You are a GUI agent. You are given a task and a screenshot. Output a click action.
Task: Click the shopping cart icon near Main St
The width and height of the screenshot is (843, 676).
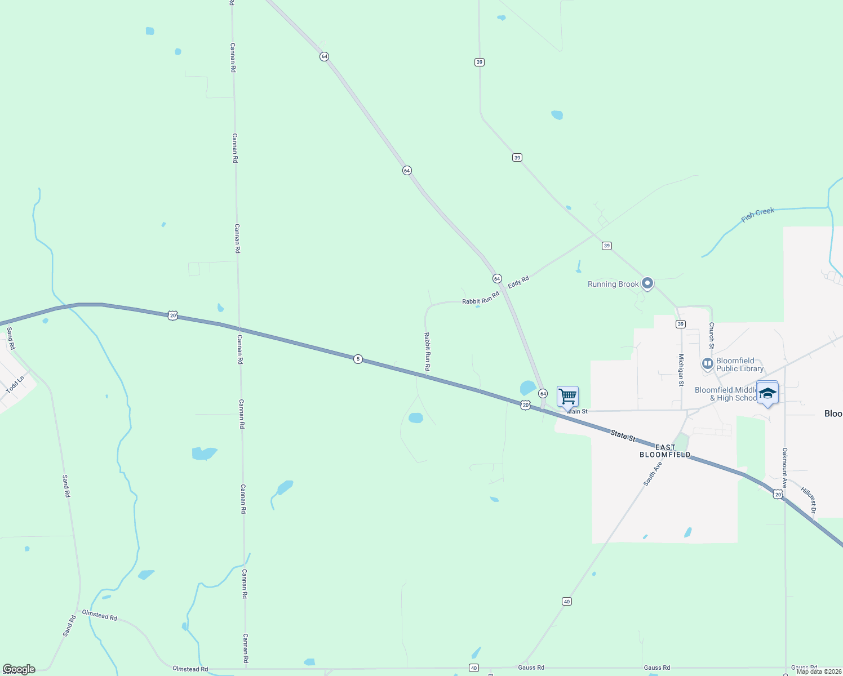[x=567, y=396]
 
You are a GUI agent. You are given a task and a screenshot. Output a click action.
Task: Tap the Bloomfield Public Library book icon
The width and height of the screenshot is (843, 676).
[x=708, y=364]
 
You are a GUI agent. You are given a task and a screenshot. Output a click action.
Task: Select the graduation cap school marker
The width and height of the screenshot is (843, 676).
[x=767, y=393]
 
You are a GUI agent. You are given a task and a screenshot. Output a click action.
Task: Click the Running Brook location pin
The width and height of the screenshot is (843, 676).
[x=647, y=283]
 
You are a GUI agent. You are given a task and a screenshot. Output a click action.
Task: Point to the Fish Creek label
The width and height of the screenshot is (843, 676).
[x=757, y=215]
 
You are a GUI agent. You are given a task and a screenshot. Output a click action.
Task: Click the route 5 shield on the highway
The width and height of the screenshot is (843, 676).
[x=358, y=359]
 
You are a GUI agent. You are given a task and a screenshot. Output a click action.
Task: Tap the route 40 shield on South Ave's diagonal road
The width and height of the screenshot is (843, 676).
[x=567, y=602]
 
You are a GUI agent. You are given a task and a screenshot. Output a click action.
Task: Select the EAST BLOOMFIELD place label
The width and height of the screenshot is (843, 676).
[x=665, y=451]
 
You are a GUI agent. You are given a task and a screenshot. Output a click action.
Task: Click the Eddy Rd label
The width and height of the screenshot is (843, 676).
[x=518, y=282]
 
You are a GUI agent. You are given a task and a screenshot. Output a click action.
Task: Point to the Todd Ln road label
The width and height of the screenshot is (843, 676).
[x=15, y=385]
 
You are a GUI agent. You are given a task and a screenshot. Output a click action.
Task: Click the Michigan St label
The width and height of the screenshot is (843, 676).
[x=681, y=370]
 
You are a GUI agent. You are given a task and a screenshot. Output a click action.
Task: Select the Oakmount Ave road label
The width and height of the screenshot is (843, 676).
[x=784, y=468]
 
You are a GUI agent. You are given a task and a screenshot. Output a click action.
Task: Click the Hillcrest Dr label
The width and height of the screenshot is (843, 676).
[x=809, y=499]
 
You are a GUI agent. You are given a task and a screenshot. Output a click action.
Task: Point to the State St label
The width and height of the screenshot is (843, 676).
[x=623, y=435]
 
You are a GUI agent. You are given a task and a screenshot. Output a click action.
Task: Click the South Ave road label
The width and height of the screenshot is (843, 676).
[x=653, y=474]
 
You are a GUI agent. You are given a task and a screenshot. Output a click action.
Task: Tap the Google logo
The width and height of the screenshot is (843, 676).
[x=19, y=669]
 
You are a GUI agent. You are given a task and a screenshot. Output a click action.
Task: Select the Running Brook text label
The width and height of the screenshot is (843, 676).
[x=613, y=284]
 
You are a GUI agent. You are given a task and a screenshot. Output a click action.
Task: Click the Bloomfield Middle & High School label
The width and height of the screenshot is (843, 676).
[x=726, y=394]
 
